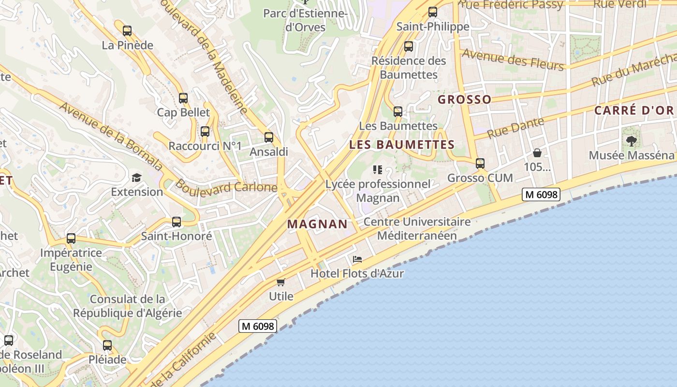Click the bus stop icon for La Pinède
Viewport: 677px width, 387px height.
tap(127, 31)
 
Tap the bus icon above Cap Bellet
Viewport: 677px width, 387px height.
tap(183, 98)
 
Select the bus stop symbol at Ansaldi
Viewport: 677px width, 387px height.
tap(269, 137)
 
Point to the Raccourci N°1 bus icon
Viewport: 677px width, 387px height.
tap(205, 132)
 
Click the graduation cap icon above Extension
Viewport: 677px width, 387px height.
tap(136, 178)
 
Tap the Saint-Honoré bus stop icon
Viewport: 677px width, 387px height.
tap(177, 222)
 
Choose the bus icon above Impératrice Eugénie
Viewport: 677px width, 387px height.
tap(71, 238)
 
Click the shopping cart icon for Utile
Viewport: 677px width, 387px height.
tap(281, 282)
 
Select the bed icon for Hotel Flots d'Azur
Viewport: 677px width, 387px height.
tap(357, 259)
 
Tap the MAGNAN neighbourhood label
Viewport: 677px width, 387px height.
tap(317, 224)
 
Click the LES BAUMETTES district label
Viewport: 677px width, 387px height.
tap(402, 145)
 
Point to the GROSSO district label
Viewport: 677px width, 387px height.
tap(464, 100)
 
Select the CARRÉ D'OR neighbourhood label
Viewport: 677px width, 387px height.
tap(634, 110)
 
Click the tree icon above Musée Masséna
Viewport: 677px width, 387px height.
tap(631, 141)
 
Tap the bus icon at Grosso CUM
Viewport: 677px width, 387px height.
tap(480, 164)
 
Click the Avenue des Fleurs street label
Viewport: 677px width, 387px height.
tap(513, 60)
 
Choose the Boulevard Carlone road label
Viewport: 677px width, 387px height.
tap(226, 187)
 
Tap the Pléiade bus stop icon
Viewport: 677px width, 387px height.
tap(107, 346)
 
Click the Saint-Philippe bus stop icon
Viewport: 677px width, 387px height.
tap(433, 12)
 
